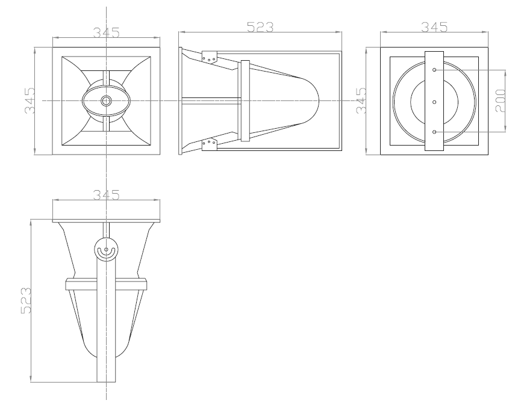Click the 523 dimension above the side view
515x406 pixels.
click(x=260, y=27)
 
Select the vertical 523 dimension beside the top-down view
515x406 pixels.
click(x=26, y=300)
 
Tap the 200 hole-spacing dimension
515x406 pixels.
click(x=500, y=100)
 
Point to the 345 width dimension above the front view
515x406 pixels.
click(x=106, y=32)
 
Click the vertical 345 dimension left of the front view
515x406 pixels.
click(x=30, y=100)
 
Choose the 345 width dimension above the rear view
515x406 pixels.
click(x=434, y=27)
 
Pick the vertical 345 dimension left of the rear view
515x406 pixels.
click(x=361, y=100)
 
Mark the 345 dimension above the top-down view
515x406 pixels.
click(x=106, y=195)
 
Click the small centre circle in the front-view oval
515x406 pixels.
click(x=106, y=100)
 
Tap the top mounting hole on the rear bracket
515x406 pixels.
click(x=434, y=70)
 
